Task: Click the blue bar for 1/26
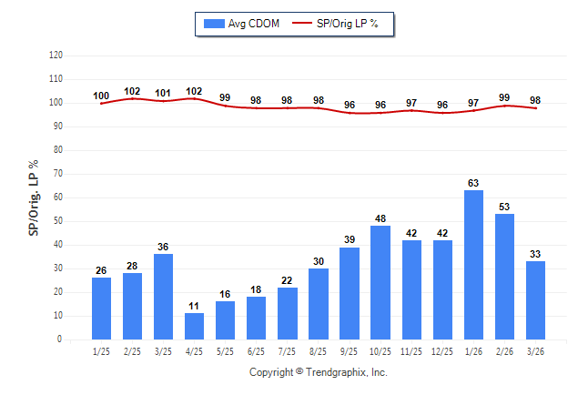tap(473, 265)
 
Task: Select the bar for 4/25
tap(194, 327)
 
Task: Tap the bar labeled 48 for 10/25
tap(380, 282)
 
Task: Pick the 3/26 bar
tap(535, 300)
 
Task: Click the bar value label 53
tap(504, 207)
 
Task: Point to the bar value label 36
tap(163, 247)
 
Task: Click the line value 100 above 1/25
tap(101, 96)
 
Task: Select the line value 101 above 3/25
tap(163, 93)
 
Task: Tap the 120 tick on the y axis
tap(56, 56)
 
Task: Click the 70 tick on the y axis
tap(57, 174)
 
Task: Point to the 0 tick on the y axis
tap(59, 339)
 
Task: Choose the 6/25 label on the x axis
tap(256, 351)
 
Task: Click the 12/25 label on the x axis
tap(442, 351)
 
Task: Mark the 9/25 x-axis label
tap(349, 351)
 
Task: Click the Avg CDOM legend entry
tap(241, 24)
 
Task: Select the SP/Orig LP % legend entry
tap(335, 24)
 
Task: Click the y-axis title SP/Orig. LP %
tap(34, 198)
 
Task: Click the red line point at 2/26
tap(504, 106)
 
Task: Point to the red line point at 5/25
tap(225, 106)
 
